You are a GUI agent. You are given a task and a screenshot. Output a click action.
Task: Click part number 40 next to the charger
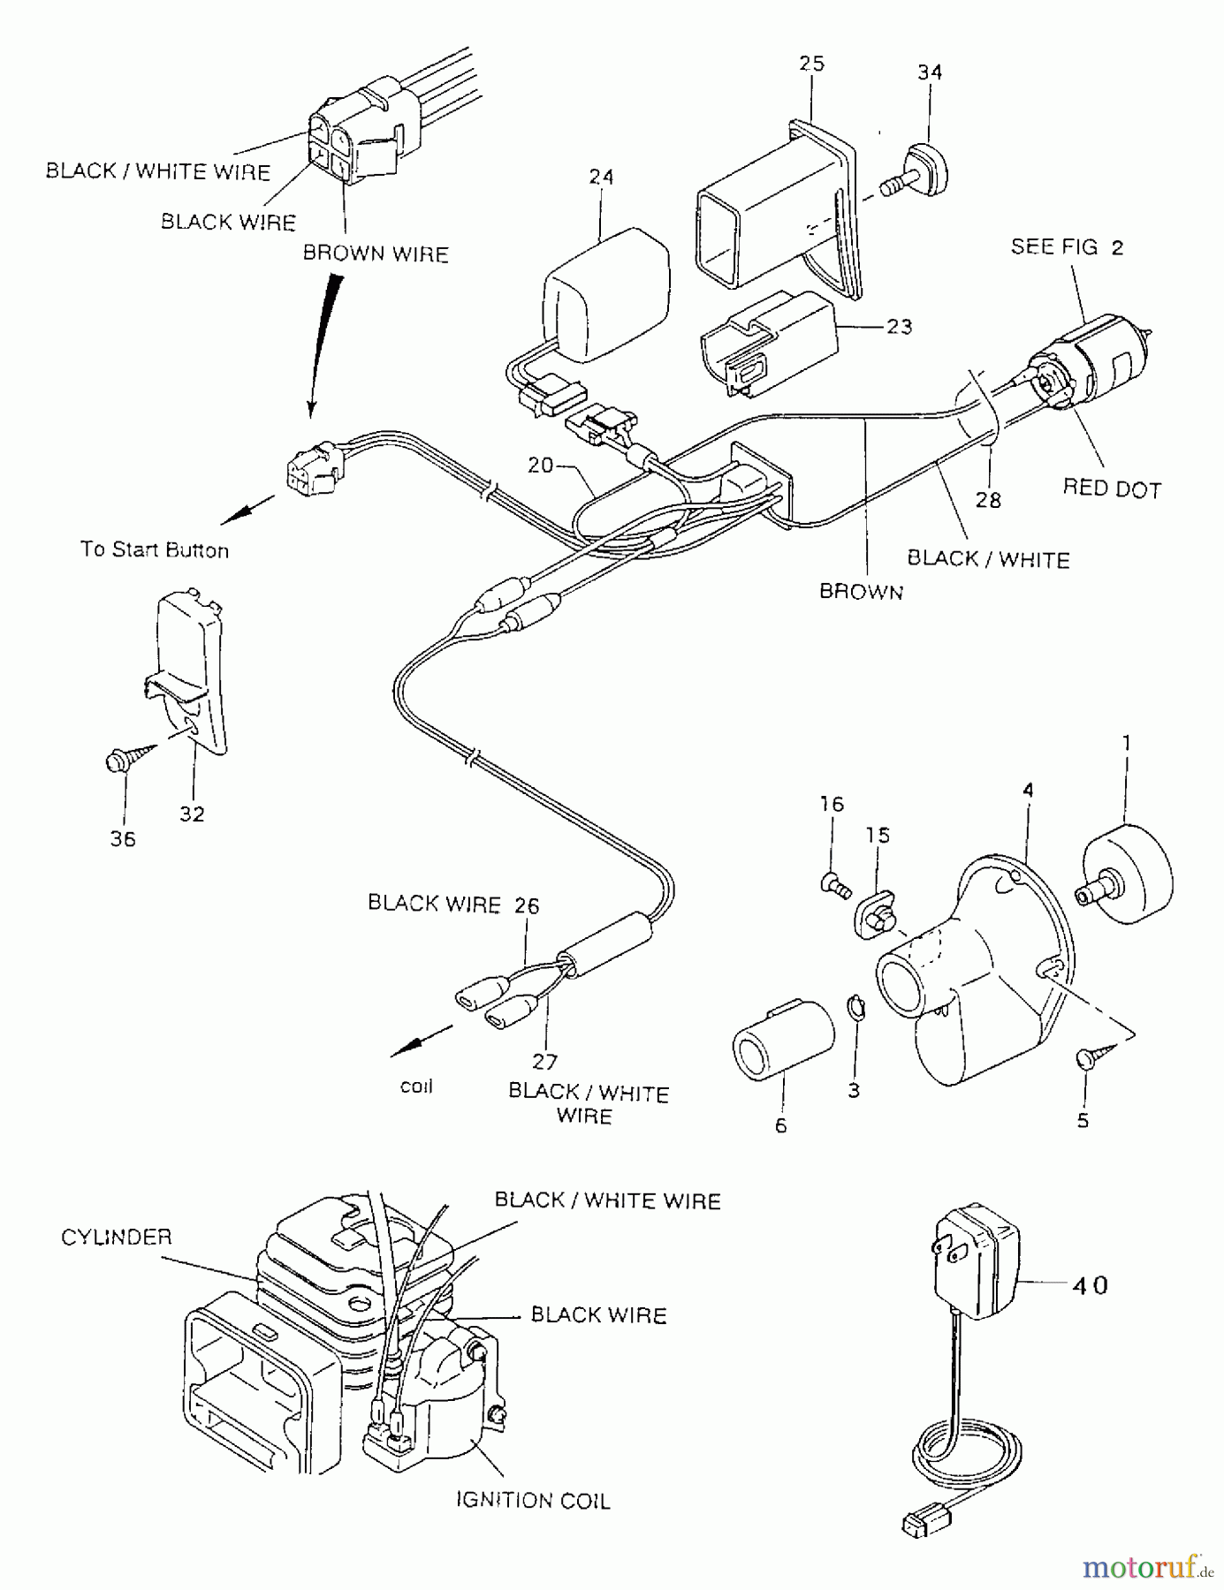pyautogui.click(x=1089, y=1285)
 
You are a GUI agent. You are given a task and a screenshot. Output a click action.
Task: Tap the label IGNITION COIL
pyautogui.click(x=532, y=1500)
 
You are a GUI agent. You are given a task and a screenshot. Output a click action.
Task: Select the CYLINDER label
pyautogui.click(x=116, y=1237)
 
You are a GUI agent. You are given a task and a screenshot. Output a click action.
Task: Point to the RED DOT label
pyautogui.click(x=1111, y=488)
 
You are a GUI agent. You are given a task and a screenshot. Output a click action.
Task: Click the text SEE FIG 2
pyautogui.click(x=1067, y=247)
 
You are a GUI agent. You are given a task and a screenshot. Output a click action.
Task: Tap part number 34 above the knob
pyautogui.click(x=930, y=72)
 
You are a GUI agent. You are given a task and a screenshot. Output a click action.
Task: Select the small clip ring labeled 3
pyautogui.click(x=855, y=1007)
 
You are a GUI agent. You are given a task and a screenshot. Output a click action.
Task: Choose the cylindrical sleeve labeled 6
pyautogui.click(x=782, y=1040)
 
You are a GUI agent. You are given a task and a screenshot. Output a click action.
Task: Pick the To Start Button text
pyautogui.click(x=155, y=549)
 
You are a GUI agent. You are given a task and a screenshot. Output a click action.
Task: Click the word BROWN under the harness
pyautogui.click(x=861, y=592)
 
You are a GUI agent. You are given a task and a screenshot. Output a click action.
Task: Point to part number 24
pyautogui.click(x=601, y=178)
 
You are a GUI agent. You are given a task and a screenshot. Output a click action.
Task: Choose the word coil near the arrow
pyautogui.click(x=416, y=1086)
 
